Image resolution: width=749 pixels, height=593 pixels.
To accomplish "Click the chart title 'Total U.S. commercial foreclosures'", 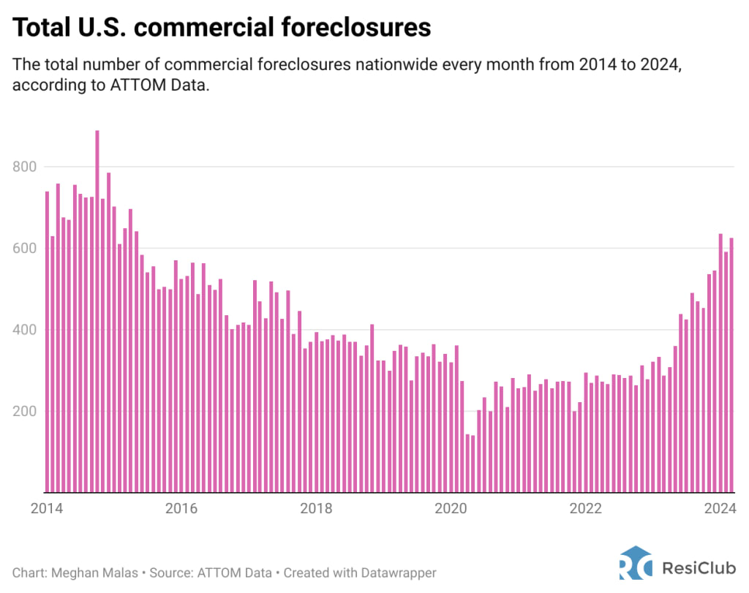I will pos(222,27).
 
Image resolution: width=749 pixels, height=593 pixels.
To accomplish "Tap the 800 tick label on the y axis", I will pos(25,167).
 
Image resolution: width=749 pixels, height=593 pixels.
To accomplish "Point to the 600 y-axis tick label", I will pos(25,249).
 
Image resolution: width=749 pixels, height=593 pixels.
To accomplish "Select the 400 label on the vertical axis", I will pos(25,330).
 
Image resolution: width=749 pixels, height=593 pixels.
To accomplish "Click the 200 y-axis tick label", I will pos(25,412).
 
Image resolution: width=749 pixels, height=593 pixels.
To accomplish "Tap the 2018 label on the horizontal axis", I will pos(315,508).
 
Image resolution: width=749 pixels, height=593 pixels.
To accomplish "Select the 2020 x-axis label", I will pos(451,508).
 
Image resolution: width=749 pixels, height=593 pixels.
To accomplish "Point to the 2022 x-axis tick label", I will pos(585,508).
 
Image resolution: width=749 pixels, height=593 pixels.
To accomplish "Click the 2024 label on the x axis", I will pos(720,508).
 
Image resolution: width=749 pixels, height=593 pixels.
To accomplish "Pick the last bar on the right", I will pos(731,365).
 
